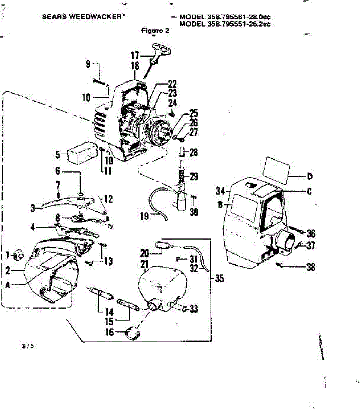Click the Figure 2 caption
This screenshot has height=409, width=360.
pos(155,30)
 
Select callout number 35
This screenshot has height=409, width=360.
pos(220,279)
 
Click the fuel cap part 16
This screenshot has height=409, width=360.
pos(133,332)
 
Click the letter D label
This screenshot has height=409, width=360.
pos(310,177)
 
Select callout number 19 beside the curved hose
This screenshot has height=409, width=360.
pos(145,216)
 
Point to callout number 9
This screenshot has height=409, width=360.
pos(88,64)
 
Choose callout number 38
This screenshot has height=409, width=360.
pos(311,267)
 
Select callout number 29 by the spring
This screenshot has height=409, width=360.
pos(194,177)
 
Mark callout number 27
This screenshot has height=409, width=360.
pos(194,133)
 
